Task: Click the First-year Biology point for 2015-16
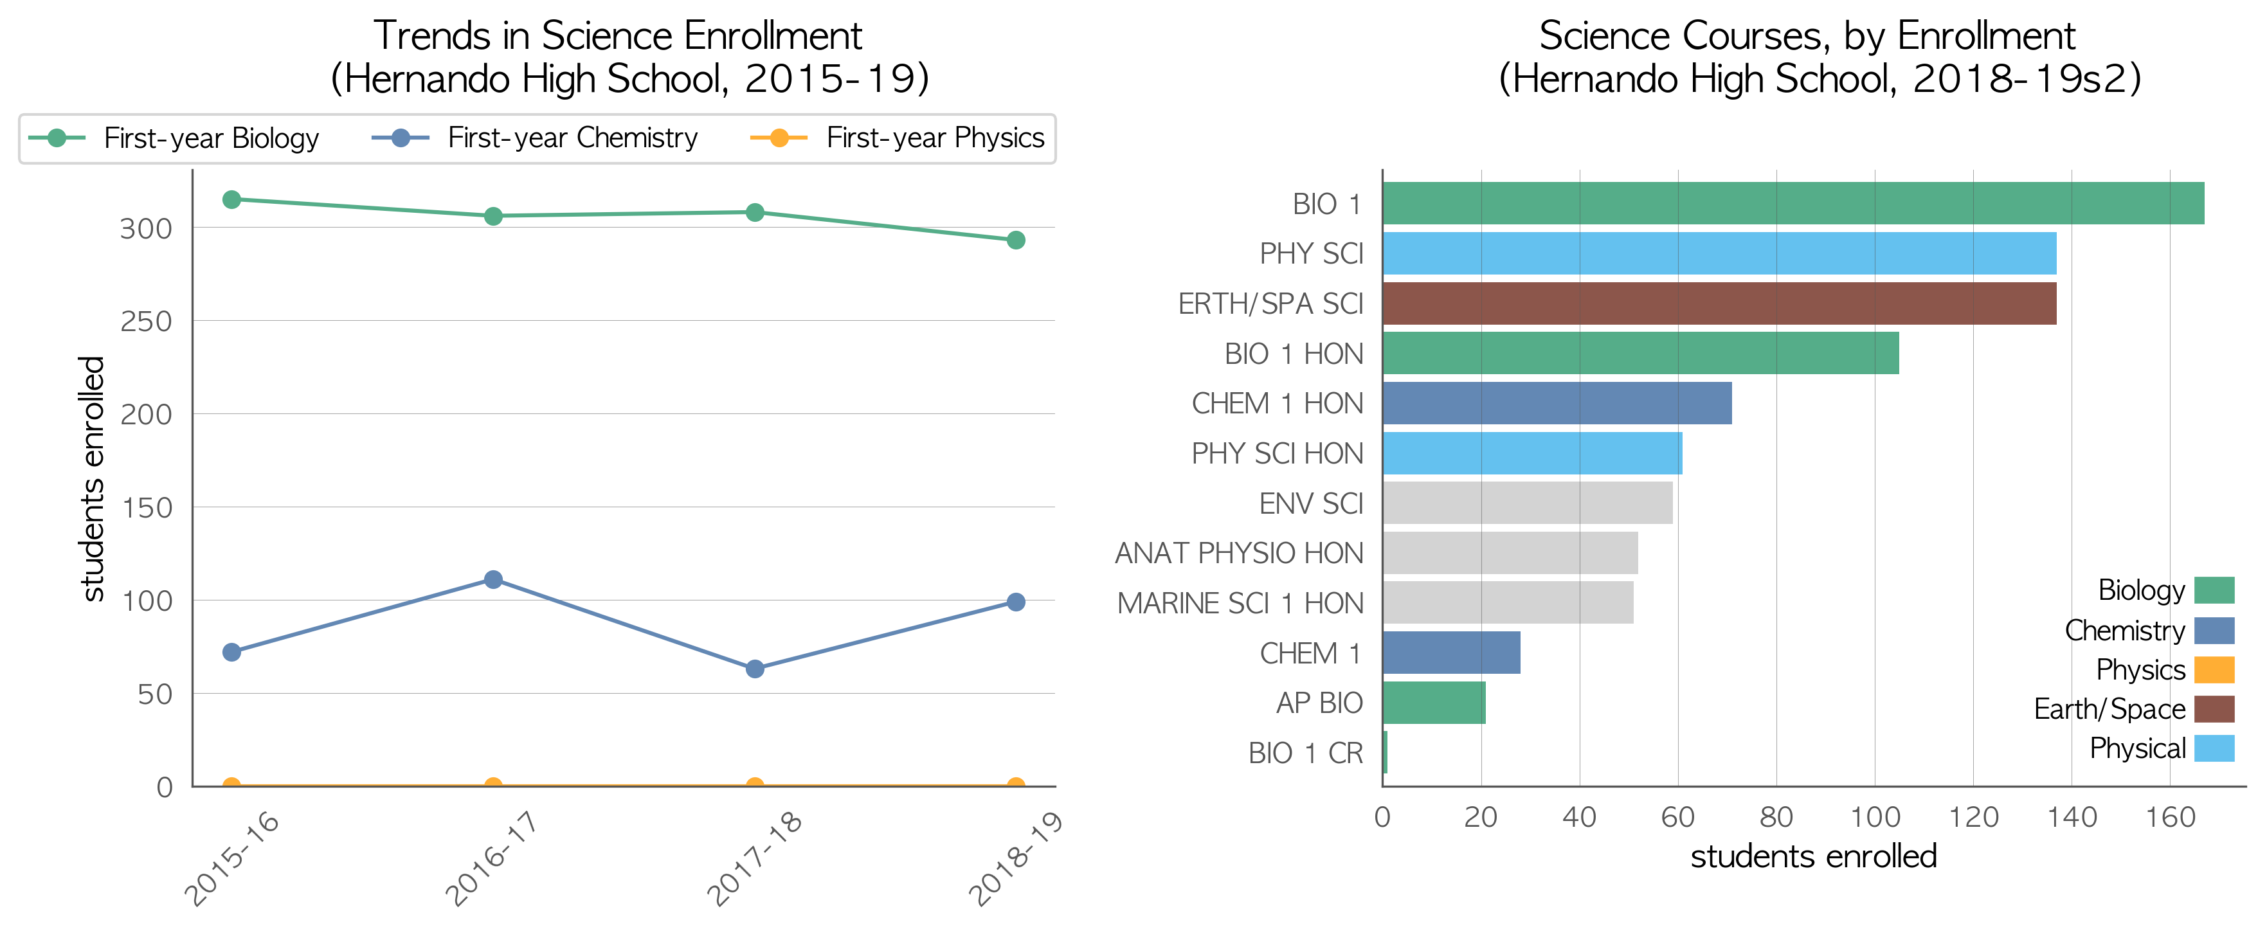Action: click(x=231, y=200)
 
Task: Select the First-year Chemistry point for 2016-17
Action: click(x=493, y=580)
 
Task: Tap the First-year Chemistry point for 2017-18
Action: click(x=754, y=669)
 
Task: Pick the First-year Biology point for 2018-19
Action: click(x=1016, y=240)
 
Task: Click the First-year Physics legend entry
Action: click(x=897, y=138)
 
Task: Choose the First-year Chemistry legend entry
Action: click(x=534, y=138)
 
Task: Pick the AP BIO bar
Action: click(x=1434, y=703)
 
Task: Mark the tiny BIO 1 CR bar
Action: click(x=1385, y=753)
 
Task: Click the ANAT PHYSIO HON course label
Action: click(x=1239, y=554)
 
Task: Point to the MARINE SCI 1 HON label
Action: click(x=1240, y=604)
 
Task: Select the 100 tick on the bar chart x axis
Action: click(x=1875, y=817)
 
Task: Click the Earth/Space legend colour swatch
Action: click(x=2214, y=709)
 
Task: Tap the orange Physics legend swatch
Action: click(x=2214, y=669)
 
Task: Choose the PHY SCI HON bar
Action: click(x=1532, y=453)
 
